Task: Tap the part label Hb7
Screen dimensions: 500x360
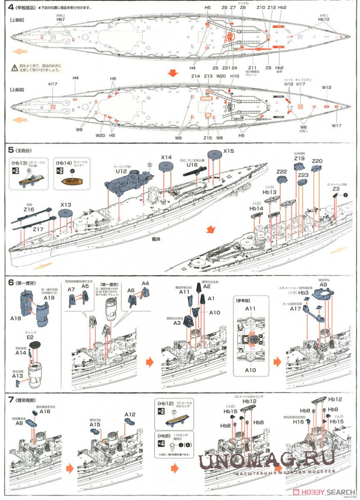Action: [x=60, y=20]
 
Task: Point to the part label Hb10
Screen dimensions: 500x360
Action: [x=324, y=19]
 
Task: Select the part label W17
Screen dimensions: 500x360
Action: [x=336, y=125]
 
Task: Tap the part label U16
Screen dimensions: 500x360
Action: [x=192, y=165]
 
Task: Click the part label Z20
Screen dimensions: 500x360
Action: [x=317, y=161]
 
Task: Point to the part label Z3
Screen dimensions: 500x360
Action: [x=336, y=189]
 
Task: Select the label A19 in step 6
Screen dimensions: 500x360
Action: [x=49, y=297]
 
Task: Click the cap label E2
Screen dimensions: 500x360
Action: [x=30, y=338]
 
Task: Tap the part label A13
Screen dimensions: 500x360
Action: [x=18, y=375]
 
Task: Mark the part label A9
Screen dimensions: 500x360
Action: [x=323, y=284]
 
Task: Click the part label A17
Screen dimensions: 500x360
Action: [x=295, y=309]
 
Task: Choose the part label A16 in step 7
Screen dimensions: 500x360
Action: [x=45, y=411]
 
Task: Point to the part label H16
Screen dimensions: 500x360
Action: [x=298, y=421]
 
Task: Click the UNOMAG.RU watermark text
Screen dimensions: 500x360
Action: [x=267, y=459]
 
